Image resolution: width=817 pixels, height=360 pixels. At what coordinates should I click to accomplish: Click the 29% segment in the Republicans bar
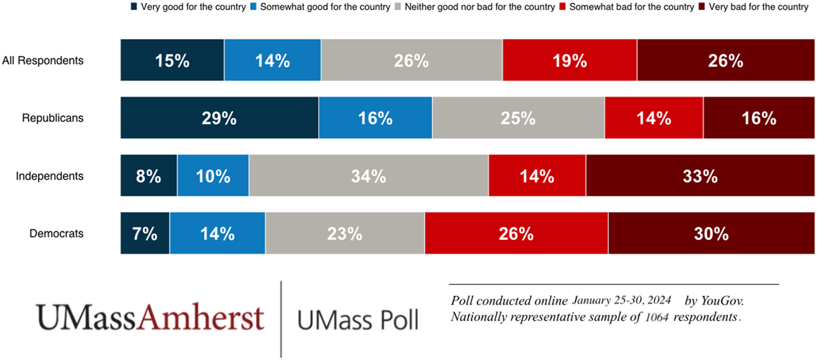pos(220,118)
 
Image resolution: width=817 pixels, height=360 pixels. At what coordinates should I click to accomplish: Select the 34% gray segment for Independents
pos(369,176)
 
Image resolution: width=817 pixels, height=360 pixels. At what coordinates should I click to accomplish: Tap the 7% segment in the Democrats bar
pos(145,233)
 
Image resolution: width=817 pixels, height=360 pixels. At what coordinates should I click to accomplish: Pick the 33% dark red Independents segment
pos(700,176)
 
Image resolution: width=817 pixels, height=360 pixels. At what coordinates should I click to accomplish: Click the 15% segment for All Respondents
pos(172,60)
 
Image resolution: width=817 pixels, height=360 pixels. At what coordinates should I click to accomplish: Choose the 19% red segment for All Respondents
pos(570,60)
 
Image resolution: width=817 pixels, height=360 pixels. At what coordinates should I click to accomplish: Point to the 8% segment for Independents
pos(149,176)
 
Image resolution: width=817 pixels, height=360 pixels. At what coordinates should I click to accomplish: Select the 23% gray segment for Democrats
pos(345,233)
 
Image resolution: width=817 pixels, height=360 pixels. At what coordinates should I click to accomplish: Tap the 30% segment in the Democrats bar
pos(711,233)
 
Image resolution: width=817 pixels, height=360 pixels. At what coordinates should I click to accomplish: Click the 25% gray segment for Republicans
pos(518,118)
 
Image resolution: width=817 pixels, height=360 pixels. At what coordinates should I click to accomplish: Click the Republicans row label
pos(52,118)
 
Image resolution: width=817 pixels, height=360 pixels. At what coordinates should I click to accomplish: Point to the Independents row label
pos(49,176)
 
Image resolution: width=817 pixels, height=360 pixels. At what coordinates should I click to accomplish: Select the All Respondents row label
pos(42,60)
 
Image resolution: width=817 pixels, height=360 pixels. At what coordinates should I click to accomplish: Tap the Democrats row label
pos(57,233)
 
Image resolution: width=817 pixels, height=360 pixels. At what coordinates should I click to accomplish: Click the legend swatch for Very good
pos(134,7)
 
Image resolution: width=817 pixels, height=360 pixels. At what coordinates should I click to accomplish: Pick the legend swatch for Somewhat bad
pos(562,7)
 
